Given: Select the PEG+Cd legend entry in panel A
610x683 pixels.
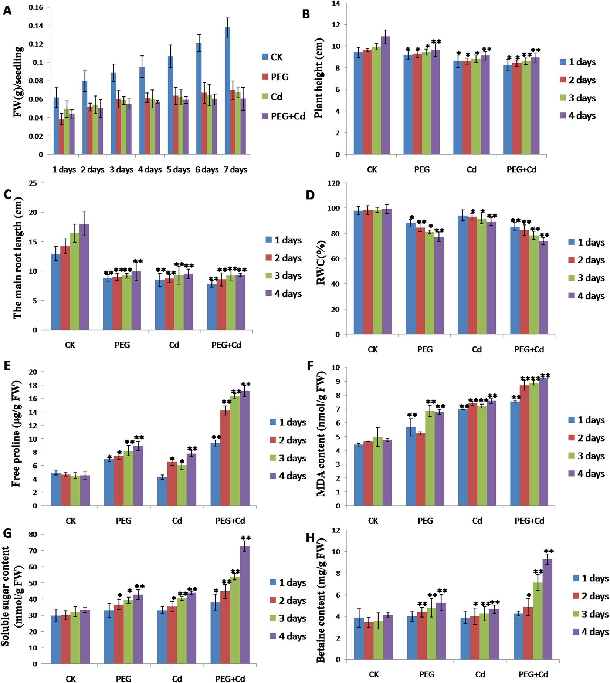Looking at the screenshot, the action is tap(283, 116).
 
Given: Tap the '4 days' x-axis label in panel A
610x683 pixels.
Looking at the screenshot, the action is tap(150, 170).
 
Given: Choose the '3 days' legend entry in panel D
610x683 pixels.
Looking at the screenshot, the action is tap(586, 278).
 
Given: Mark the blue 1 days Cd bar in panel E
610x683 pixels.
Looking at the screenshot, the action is tap(162, 491).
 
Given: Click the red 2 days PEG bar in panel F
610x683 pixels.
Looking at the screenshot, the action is tap(420, 469).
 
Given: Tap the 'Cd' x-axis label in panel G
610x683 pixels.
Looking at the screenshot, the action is tap(177, 679).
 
